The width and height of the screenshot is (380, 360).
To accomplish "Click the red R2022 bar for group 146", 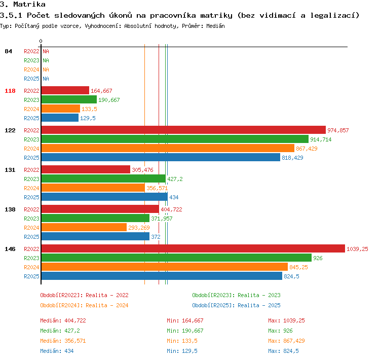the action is tap(193, 248).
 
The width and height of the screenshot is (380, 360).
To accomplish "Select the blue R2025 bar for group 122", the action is tap(161, 158).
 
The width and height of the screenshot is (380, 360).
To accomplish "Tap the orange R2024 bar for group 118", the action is tap(61, 109).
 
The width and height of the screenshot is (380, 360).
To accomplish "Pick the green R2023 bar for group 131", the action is tap(103, 179).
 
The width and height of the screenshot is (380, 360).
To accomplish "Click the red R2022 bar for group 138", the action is tap(100, 209).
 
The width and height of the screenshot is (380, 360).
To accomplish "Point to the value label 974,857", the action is tap(338, 130).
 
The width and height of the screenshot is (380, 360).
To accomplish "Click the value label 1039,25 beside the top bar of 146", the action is tap(357, 249).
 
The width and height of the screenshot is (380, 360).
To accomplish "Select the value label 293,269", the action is tap(139, 228).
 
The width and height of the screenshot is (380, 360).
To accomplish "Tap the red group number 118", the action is tap(10, 91).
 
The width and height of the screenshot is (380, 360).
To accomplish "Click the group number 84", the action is tap(8, 51).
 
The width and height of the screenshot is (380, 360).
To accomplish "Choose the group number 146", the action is tap(10, 249).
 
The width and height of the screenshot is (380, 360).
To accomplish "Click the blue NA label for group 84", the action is tap(46, 79).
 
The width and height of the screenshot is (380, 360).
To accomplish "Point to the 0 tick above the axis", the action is tap(41, 41).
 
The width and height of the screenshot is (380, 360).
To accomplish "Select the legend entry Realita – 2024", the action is tap(107, 305).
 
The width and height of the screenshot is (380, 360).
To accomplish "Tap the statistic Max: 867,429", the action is tap(286, 341).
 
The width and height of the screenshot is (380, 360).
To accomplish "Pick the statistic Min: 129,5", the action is tap(182, 351).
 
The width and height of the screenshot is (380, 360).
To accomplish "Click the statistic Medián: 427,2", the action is tap(60, 331).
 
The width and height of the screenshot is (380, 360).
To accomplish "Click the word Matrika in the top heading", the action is tap(29, 4).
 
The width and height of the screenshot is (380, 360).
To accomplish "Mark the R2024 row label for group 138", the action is tap(31, 228).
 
